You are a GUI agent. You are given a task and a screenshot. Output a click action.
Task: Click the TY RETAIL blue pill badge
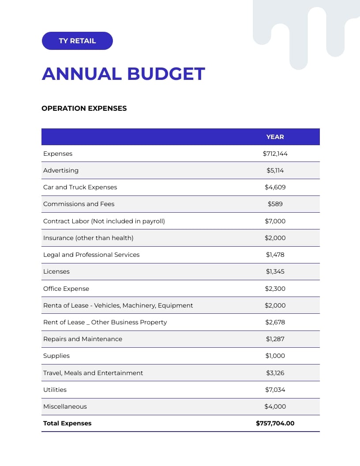[x=77, y=41]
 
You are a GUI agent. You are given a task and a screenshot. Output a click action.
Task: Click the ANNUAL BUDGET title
[x=123, y=74]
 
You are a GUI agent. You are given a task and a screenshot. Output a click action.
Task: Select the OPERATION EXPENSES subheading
[x=84, y=108]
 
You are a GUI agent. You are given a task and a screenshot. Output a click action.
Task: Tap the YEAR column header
[x=275, y=137]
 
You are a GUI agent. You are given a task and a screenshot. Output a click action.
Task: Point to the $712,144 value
[x=275, y=154]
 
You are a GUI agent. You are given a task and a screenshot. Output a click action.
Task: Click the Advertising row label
[x=61, y=170]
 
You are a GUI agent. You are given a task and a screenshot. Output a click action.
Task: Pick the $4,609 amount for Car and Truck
[x=275, y=187]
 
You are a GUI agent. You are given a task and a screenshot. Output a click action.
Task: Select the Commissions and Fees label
[x=79, y=204]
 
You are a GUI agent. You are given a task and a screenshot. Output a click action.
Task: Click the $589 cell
[x=275, y=204]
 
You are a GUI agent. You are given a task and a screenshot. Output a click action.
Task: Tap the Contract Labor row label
[x=104, y=221]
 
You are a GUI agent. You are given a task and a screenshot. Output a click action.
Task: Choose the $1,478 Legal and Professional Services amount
[x=275, y=255]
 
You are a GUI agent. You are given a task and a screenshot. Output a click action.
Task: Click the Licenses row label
[x=56, y=271]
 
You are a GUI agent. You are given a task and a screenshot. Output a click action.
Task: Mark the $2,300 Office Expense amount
[x=275, y=289]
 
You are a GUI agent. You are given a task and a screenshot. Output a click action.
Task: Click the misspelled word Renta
[x=52, y=305]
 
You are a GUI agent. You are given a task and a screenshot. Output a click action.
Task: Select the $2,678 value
[x=275, y=322]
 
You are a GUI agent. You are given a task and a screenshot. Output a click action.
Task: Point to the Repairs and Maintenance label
[x=82, y=339]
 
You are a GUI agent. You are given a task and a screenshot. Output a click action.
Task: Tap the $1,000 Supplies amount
[x=275, y=356]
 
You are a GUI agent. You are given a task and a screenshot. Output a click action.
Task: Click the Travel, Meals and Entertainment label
[x=93, y=373]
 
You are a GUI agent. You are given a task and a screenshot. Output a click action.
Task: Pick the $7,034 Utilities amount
[x=275, y=390]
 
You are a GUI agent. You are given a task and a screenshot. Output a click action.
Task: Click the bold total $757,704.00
[x=275, y=423]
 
